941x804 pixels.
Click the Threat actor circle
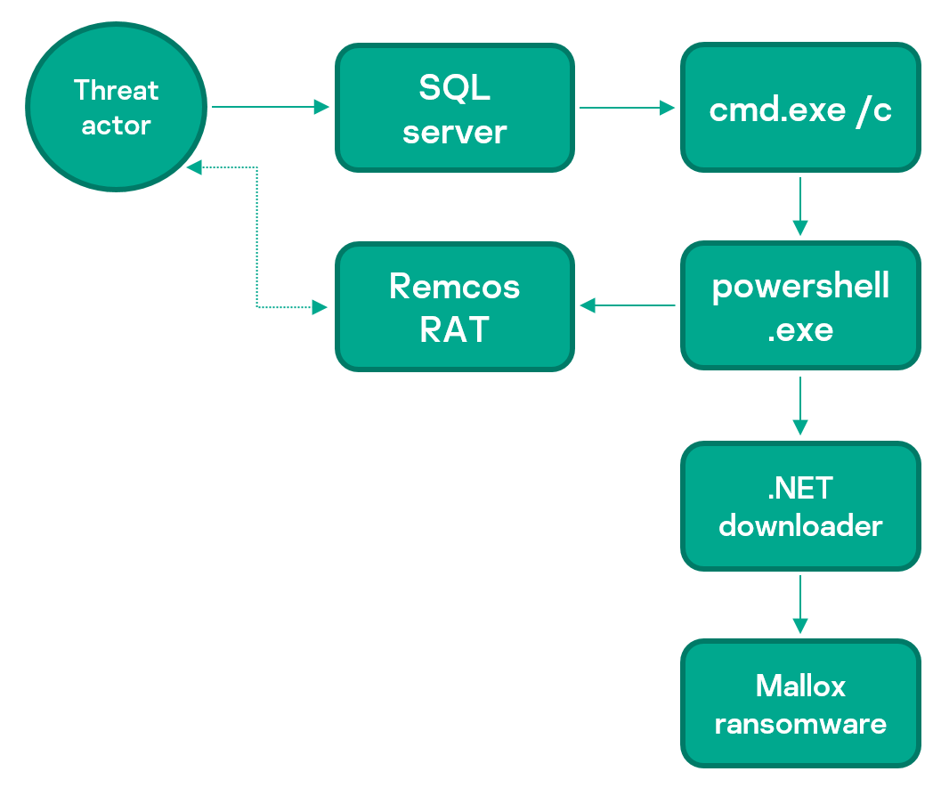coord(117,107)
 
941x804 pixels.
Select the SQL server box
coord(455,108)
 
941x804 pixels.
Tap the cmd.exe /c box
coord(800,108)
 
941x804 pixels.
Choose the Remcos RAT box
coord(455,306)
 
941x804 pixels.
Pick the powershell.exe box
coord(800,306)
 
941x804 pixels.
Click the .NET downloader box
coord(800,506)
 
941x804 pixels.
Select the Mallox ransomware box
coord(800,703)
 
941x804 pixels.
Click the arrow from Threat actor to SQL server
coord(271,107)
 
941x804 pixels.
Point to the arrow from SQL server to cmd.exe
coord(627,108)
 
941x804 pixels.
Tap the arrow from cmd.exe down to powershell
coord(800,207)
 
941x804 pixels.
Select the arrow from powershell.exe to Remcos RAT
coord(627,305)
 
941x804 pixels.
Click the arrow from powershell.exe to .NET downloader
coord(800,406)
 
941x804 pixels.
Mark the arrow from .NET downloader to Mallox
coord(800,605)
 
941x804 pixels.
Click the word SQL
coord(454,87)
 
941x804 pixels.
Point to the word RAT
coord(454,329)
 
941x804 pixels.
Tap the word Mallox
coord(800,686)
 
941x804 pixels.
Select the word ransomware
coord(800,724)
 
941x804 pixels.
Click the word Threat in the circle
coord(117,90)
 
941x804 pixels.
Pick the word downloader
coord(800,525)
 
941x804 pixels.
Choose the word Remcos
coord(454,286)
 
